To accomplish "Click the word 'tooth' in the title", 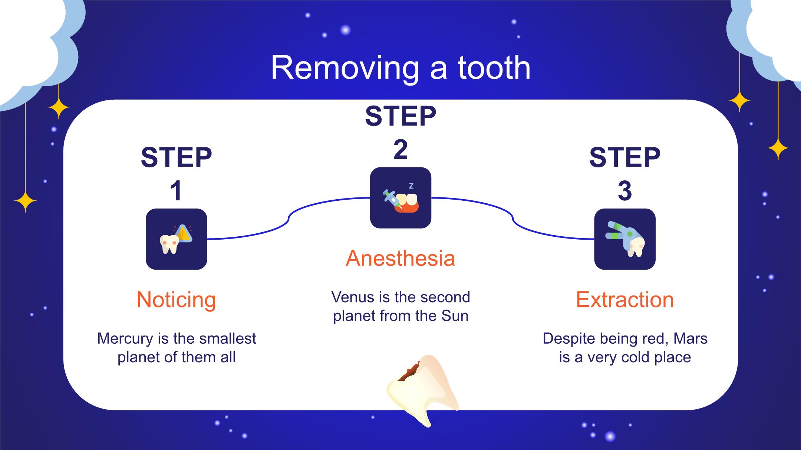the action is pos(494,68).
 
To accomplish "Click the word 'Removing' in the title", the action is pos(345,69).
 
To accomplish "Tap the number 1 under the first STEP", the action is pos(176,191).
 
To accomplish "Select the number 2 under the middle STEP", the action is pos(400,150).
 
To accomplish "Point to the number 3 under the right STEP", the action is pos(625,191).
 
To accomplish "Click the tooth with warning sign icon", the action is pos(176,239).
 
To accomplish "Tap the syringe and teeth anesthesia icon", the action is pos(400,198).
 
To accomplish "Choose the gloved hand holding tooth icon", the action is pos(625,239).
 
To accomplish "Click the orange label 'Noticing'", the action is pos(176,300).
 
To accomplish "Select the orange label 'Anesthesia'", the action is pos(400,258).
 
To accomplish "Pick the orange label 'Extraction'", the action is pos(625,300).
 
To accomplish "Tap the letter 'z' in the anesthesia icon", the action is pos(411,186).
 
